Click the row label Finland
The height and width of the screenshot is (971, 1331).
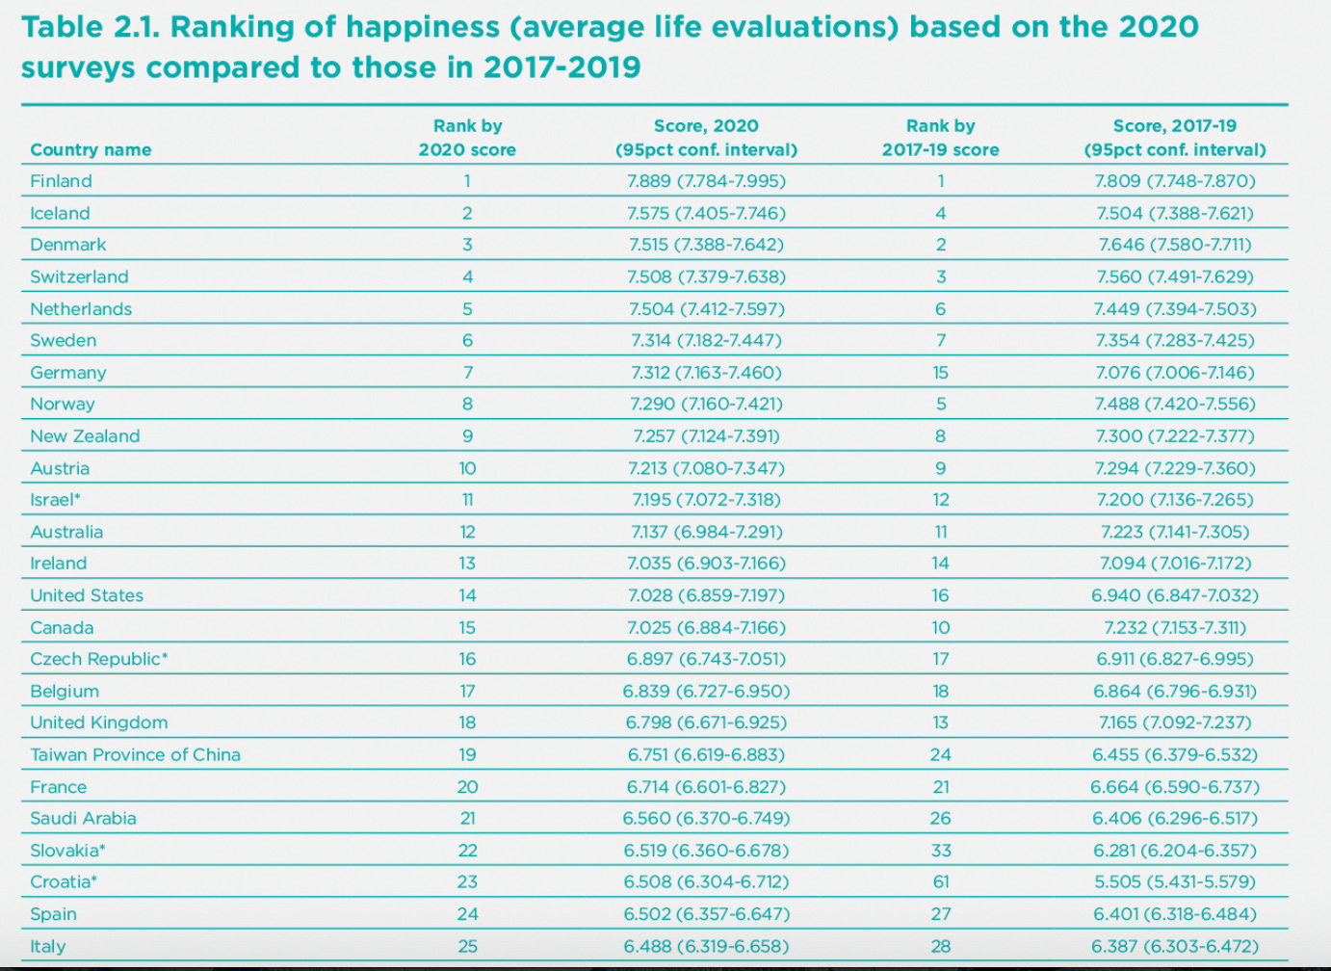[x=61, y=181]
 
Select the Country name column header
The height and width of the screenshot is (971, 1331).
[x=91, y=149]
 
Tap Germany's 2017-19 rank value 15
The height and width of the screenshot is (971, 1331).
[x=941, y=373]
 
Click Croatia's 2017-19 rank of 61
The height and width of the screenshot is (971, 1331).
[x=941, y=882]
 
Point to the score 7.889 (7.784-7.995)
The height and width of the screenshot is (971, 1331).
[x=706, y=181]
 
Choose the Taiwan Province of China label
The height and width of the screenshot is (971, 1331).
[x=135, y=755]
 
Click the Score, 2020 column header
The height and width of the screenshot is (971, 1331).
[x=706, y=138]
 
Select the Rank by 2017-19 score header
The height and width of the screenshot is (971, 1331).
[x=941, y=138]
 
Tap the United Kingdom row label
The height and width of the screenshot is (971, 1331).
[x=98, y=722]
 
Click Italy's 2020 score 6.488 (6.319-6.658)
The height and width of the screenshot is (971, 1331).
[x=706, y=946]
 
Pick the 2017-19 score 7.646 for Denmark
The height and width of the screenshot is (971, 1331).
[x=1175, y=245]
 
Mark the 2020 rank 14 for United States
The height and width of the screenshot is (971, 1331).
[x=467, y=595]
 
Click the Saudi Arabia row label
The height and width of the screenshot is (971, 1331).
[x=83, y=819]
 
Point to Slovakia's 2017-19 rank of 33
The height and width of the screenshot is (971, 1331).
[x=941, y=851]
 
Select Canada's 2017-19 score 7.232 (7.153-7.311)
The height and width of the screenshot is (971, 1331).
[x=1175, y=627]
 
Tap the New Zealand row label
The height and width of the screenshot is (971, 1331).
[x=85, y=436]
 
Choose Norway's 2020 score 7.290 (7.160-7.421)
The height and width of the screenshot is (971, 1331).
[x=706, y=405]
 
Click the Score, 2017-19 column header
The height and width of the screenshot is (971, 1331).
[x=1175, y=138]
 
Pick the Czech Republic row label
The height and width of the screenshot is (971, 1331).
[x=98, y=659]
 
